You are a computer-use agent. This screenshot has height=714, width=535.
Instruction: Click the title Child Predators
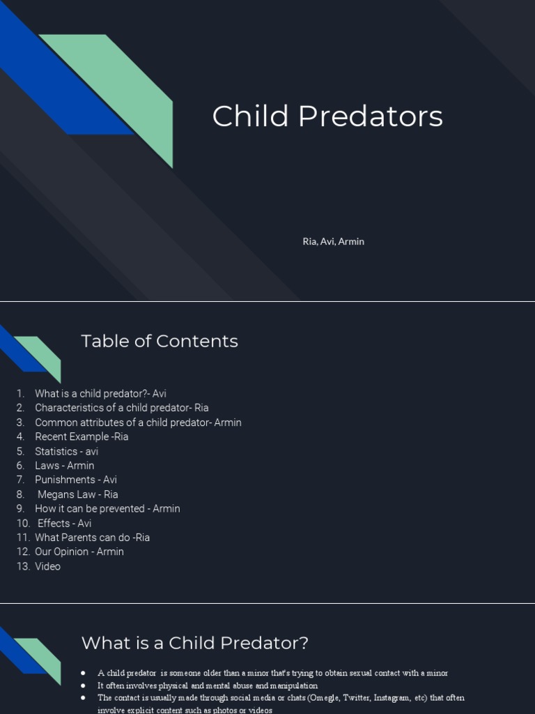327,116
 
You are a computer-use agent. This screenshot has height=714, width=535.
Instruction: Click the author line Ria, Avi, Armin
333,241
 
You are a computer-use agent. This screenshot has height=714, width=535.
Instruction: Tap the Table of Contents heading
160,341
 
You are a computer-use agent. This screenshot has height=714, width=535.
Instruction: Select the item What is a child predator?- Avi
100,393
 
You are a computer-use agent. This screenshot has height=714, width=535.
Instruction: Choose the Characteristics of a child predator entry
121,408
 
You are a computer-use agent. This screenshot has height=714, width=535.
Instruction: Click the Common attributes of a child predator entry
138,423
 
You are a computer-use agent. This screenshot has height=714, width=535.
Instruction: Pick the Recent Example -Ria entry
82,436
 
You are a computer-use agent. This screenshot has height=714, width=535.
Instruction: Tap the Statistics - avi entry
66,451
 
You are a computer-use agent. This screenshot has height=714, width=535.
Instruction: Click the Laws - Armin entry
64,466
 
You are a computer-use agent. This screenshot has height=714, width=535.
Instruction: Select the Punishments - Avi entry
76,480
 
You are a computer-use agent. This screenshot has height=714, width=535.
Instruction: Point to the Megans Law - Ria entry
78,494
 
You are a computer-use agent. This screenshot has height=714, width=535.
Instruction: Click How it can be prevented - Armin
107,509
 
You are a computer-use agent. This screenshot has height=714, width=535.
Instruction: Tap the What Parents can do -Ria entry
92,538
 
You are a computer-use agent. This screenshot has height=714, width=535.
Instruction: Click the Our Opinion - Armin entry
79,552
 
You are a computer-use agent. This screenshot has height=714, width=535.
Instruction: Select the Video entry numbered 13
47,566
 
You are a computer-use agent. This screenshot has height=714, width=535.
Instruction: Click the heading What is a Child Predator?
194,643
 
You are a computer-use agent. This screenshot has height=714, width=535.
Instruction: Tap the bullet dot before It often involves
83,685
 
